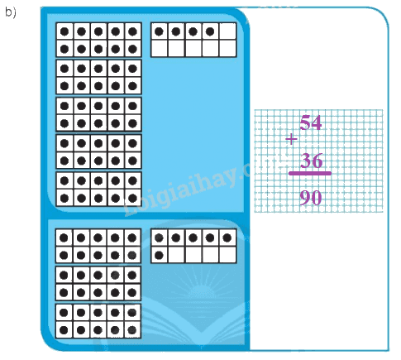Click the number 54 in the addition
(311, 122)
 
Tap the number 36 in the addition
(311, 161)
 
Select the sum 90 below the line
(311, 198)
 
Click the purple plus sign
(291, 139)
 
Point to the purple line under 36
(310, 173)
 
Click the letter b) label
(11, 12)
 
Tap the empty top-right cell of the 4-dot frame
(228, 31)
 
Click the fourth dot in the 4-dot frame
(210, 31)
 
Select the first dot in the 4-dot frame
(159, 31)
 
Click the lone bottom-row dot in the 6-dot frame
(159, 255)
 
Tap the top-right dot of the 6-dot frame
(227, 238)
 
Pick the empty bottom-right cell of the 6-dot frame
(228, 255)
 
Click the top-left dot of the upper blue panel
(64, 31)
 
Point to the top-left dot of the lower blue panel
(64, 238)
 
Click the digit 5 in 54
(305, 122)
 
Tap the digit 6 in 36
(317, 161)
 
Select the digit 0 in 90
(317, 198)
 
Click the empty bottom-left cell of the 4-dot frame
(160, 49)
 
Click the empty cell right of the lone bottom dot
(176, 255)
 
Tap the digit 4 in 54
(317, 122)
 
